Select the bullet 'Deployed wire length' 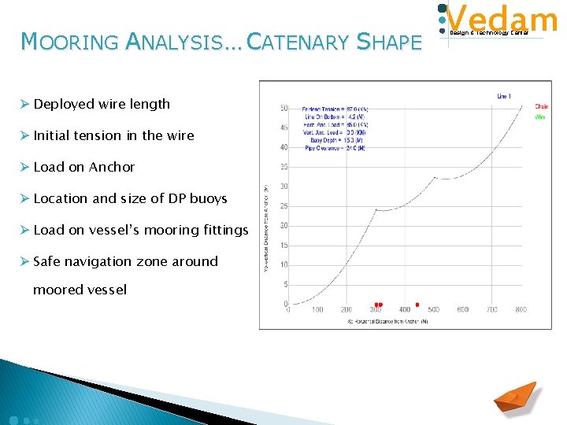click(102, 104)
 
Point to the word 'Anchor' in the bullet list click(112, 167)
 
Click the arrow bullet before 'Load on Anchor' click(25, 167)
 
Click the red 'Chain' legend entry click(542, 107)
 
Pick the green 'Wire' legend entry click(540, 116)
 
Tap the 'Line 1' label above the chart click(504, 96)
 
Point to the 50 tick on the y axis click(283, 108)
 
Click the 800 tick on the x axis click(521, 310)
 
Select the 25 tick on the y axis click(283, 206)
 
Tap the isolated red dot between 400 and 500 click(417, 305)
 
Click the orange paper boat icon click(515, 397)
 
